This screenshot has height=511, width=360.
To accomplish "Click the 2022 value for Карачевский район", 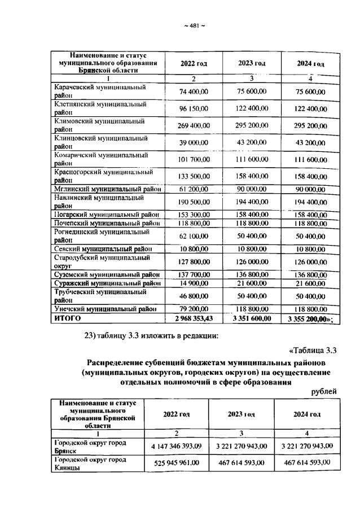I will pyautogui.click(x=194, y=91).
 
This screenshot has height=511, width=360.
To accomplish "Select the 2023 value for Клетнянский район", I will pyautogui.click(x=252, y=108).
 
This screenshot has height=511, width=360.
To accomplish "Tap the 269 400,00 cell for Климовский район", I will pyautogui.click(x=194, y=125).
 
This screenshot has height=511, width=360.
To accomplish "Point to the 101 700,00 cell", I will pyautogui.click(x=194, y=159).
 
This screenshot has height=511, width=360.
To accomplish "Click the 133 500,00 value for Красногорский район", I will pyautogui.click(x=194, y=176).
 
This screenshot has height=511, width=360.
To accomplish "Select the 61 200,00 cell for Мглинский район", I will pyautogui.click(x=194, y=189).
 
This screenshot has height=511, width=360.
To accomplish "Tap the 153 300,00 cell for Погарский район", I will pyautogui.click(x=194, y=215).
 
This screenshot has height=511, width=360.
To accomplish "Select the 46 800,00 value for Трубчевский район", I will pyautogui.click(x=194, y=295).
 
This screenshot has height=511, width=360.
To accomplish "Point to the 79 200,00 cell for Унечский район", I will pyautogui.click(x=194, y=309).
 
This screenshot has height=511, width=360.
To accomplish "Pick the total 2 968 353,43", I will pyautogui.click(x=194, y=318).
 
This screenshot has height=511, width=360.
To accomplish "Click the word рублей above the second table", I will pyautogui.click(x=324, y=391).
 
